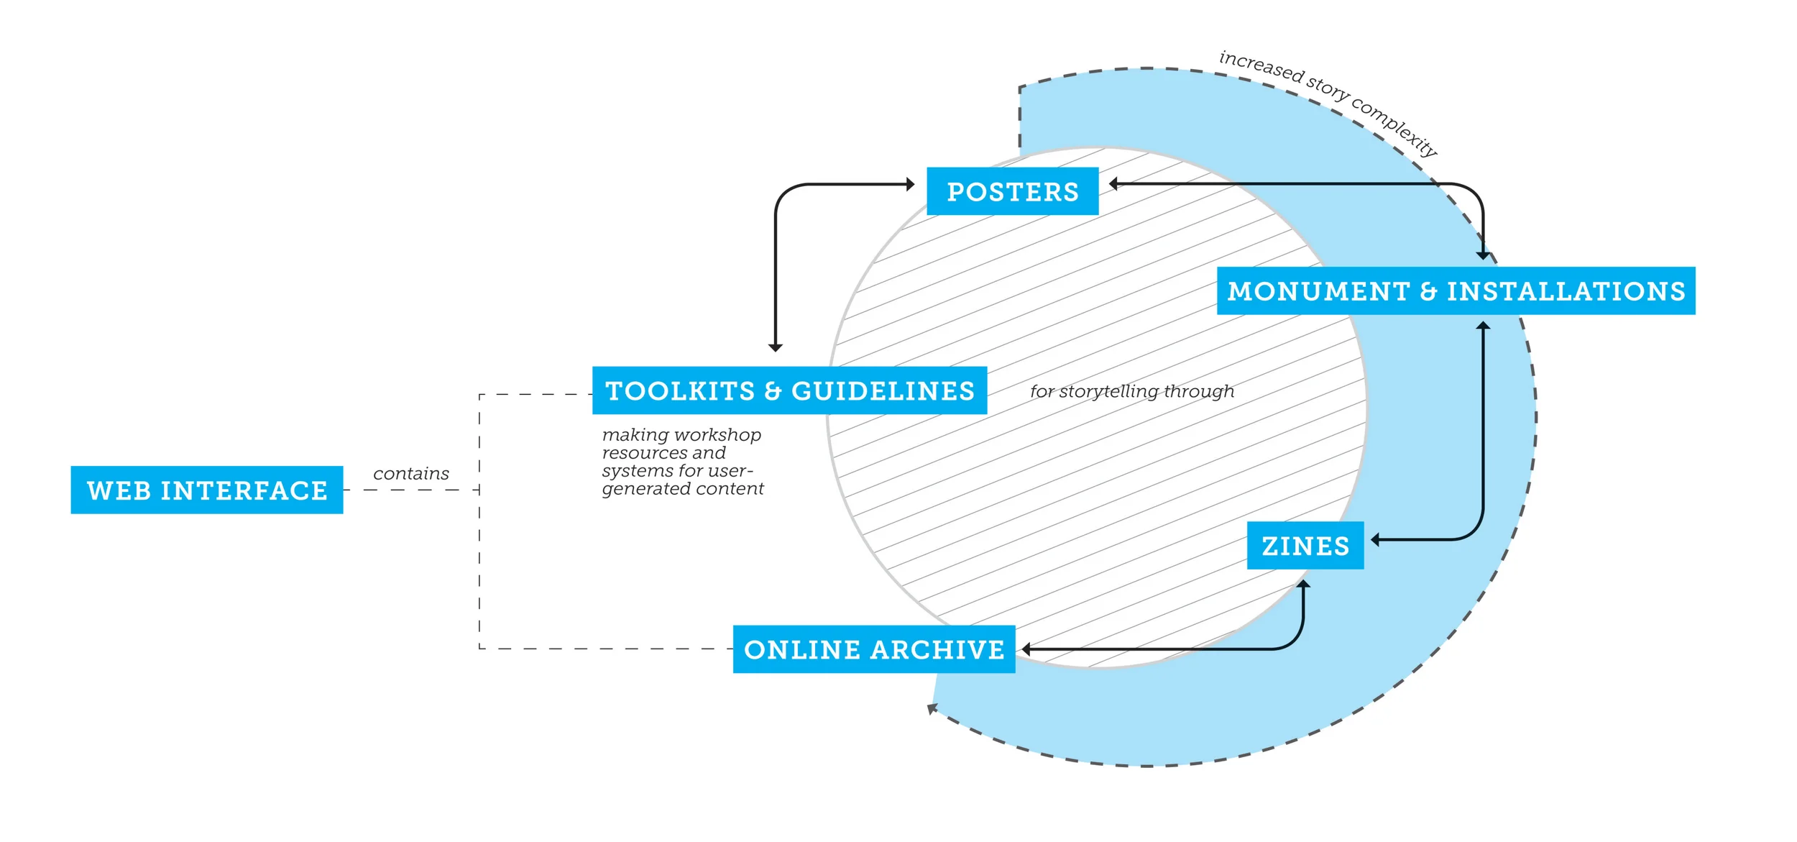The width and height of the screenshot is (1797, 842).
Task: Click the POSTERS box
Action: pyautogui.click(x=1012, y=191)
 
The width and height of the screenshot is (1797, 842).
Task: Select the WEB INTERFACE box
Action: pyautogui.click(x=207, y=490)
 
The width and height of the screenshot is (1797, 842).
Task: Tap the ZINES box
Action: pyautogui.click(x=1305, y=546)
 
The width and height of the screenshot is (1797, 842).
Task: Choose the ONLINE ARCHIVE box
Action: pyautogui.click(x=873, y=649)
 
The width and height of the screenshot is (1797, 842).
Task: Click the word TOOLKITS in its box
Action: pyautogui.click(x=680, y=391)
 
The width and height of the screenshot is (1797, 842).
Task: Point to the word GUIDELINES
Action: pyautogui.click(x=883, y=391)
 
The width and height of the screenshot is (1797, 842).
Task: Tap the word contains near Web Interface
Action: pyautogui.click(x=410, y=474)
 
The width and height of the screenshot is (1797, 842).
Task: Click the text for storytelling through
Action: pyautogui.click(x=1131, y=391)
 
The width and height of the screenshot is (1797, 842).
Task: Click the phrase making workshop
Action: pyautogui.click(x=681, y=435)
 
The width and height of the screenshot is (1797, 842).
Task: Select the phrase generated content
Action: pyautogui.click(x=682, y=489)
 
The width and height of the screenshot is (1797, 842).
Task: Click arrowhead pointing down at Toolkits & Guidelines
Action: pyautogui.click(x=775, y=348)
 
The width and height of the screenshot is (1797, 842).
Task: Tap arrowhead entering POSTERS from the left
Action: pyautogui.click(x=910, y=184)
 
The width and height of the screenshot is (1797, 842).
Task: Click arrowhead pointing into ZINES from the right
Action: pyautogui.click(x=1375, y=539)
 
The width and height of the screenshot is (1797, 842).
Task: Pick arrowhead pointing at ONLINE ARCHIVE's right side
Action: pyautogui.click(x=1026, y=649)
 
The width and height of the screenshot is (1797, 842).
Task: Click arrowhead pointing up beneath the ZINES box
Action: pyautogui.click(x=1303, y=585)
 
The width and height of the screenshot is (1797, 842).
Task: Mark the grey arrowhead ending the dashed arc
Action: pyautogui.click(x=932, y=709)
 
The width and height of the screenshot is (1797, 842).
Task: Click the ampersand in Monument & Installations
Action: pyautogui.click(x=1428, y=291)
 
